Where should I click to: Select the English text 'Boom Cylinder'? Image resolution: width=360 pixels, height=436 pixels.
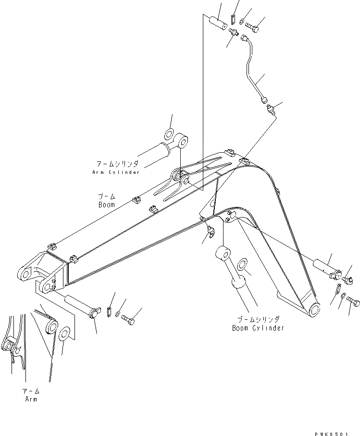coord(258,328)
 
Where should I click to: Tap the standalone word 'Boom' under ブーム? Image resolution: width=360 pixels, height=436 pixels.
coord(107,205)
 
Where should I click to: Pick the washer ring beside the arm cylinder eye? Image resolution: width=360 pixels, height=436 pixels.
coord(170,133)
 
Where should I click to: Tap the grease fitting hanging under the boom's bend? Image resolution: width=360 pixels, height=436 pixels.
coord(210,233)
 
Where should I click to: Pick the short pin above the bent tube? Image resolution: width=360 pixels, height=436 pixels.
coord(219,22)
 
